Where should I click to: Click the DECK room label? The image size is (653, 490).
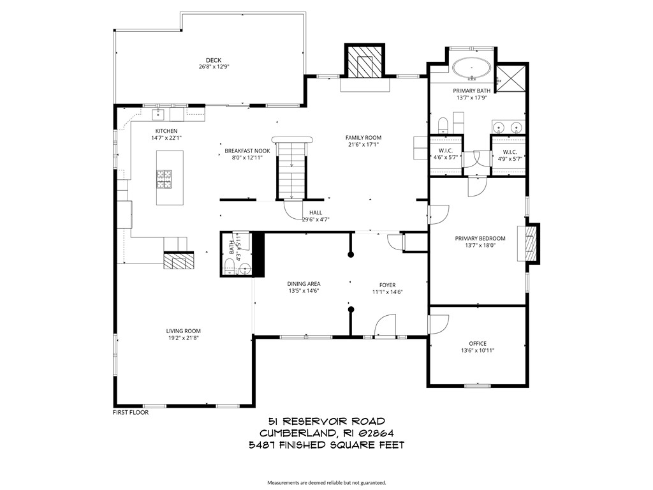point(205,60)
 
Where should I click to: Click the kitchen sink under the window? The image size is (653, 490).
point(158,115)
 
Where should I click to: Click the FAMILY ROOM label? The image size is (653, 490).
point(363,137)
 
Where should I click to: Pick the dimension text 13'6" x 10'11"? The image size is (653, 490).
point(478,350)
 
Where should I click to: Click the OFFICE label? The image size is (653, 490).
point(478,343)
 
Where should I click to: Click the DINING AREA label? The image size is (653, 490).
point(304,283)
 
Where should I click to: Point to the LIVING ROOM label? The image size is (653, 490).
point(183,330)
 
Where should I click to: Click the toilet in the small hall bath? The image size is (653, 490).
point(229,267)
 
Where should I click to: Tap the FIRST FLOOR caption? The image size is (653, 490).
point(131,412)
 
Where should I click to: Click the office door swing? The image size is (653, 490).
point(437,325)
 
